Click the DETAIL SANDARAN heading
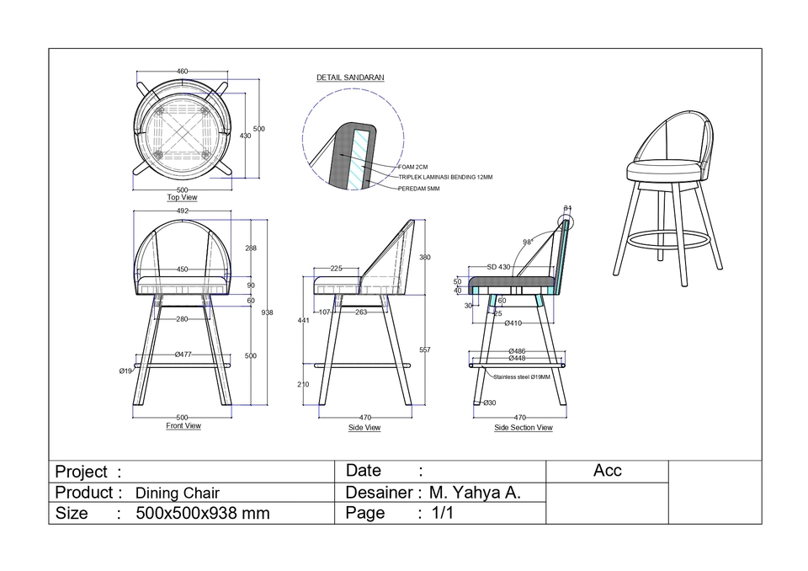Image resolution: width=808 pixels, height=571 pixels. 350,77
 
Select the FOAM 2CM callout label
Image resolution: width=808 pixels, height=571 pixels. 413,168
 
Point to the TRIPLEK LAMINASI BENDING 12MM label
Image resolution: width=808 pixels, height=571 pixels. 445,178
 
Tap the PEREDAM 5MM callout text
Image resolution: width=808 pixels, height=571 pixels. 418,189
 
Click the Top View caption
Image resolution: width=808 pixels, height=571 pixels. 182,198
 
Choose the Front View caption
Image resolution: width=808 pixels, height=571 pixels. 183,426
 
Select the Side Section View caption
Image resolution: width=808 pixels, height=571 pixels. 523,428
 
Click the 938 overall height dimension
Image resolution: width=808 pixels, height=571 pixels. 267,312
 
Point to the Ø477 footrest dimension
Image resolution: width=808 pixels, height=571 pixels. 183,355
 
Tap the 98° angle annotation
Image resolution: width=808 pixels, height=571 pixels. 528,243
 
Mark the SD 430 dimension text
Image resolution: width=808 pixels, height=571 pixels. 498,267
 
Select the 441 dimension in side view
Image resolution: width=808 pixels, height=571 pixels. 304,321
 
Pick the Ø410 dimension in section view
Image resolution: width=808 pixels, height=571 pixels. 513,323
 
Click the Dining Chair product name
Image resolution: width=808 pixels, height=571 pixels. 177,494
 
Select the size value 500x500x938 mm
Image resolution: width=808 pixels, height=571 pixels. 202,514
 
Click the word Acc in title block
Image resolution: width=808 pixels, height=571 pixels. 607,472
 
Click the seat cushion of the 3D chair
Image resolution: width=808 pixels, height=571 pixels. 664,172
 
